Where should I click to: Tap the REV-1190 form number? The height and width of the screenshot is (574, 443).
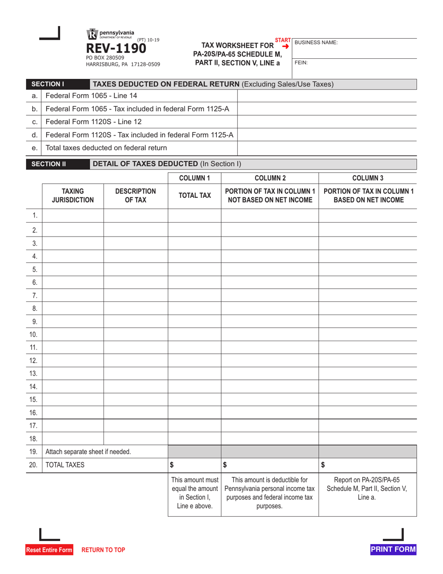tap(115, 49)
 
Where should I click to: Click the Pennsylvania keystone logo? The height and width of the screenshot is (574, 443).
tap(92, 35)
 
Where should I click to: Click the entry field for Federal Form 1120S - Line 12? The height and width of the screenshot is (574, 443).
tap(327, 122)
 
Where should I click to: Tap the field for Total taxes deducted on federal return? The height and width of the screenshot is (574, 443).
tap(327, 148)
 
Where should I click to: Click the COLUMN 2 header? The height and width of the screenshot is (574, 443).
tap(270, 178)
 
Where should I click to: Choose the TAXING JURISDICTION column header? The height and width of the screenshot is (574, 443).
tap(72, 196)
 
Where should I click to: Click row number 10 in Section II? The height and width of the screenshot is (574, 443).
tap(33, 334)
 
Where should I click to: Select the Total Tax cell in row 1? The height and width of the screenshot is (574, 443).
tap(194, 216)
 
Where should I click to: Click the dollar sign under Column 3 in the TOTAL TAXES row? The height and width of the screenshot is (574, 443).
tap(324, 465)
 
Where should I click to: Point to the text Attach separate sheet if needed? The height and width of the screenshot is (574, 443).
tap(88, 451)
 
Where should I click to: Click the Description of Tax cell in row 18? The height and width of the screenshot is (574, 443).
tap(135, 439)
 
